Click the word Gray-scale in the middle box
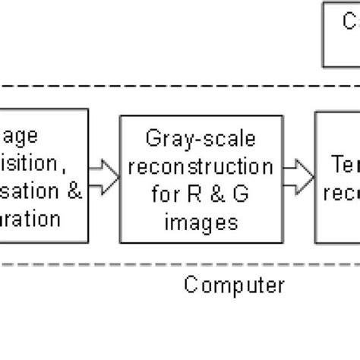coord(197,139)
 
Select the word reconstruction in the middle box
coord(197,166)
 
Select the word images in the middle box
coord(197,223)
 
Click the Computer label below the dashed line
coord(234,286)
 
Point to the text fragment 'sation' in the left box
coord(29,191)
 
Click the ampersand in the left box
coord(74,191)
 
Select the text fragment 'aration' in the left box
coord(30,219)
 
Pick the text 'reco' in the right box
coord(341,193)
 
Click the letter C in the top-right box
coord(350,22)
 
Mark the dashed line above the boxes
coord(180,85)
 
